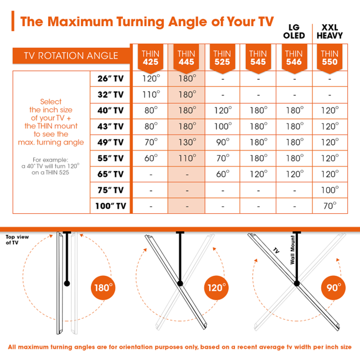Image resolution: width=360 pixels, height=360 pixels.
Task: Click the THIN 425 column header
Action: pyautogui.click(x=150, y=58)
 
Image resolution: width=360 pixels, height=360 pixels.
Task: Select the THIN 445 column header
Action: pyautogui.click(x=186, y=58)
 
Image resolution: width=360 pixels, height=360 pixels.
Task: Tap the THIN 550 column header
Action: pyautogui.click(x=330, y=58)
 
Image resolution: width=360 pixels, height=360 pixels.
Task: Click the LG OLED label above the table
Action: pyautogui.click(x=294, y=31)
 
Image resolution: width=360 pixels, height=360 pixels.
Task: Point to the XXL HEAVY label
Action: pyautogui.click(x=330, y=31)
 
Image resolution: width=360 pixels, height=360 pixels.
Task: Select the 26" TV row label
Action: pyautogui.click(x=110, y=79)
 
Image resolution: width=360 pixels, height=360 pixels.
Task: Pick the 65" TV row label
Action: pyautogui.click(x=110, y=174)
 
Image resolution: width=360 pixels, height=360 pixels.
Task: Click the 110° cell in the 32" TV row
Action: pyautogui.click(x=150, y=95)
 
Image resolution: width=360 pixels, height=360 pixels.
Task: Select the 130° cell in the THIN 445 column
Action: pyautogui.click(x=186, y=142)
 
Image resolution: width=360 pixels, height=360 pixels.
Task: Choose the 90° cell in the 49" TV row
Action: pyautogui.click(x=222, y=142)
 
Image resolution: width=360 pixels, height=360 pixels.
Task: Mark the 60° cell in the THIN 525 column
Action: pyautogui.click(x=222, y=174)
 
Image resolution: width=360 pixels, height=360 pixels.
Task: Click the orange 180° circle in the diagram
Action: pyautogui.click(x=103, y=289)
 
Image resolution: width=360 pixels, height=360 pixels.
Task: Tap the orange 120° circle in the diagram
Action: pyautogui.click(x=216, y=289)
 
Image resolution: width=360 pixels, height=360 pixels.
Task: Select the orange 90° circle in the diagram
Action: pyautogui.click(x=333, y=289)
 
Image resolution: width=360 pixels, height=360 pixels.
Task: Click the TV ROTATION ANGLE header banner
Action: pyautogui.click(x=70, y=55)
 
